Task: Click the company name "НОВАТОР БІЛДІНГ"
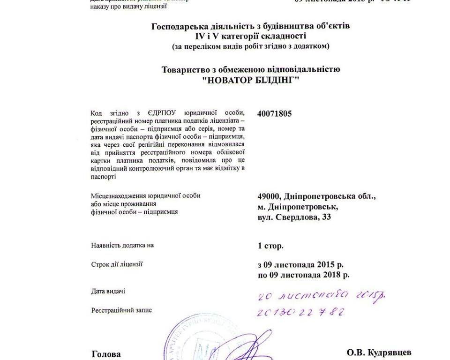(250, 80)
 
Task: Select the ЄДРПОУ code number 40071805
(275, 113)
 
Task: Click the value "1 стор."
(270, 246)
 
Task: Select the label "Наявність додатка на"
(122, 245)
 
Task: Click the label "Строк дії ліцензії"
(117, 264)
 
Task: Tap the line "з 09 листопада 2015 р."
(300, 265)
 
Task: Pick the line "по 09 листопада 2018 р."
(303, 275)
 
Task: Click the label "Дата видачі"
(108, 292)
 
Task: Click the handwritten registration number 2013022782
(301, 312)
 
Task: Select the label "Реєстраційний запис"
(121, 310)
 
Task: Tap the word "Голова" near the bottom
(105, 354)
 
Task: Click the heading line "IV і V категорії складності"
(251, 36)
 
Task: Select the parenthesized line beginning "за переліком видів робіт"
(251, 46)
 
